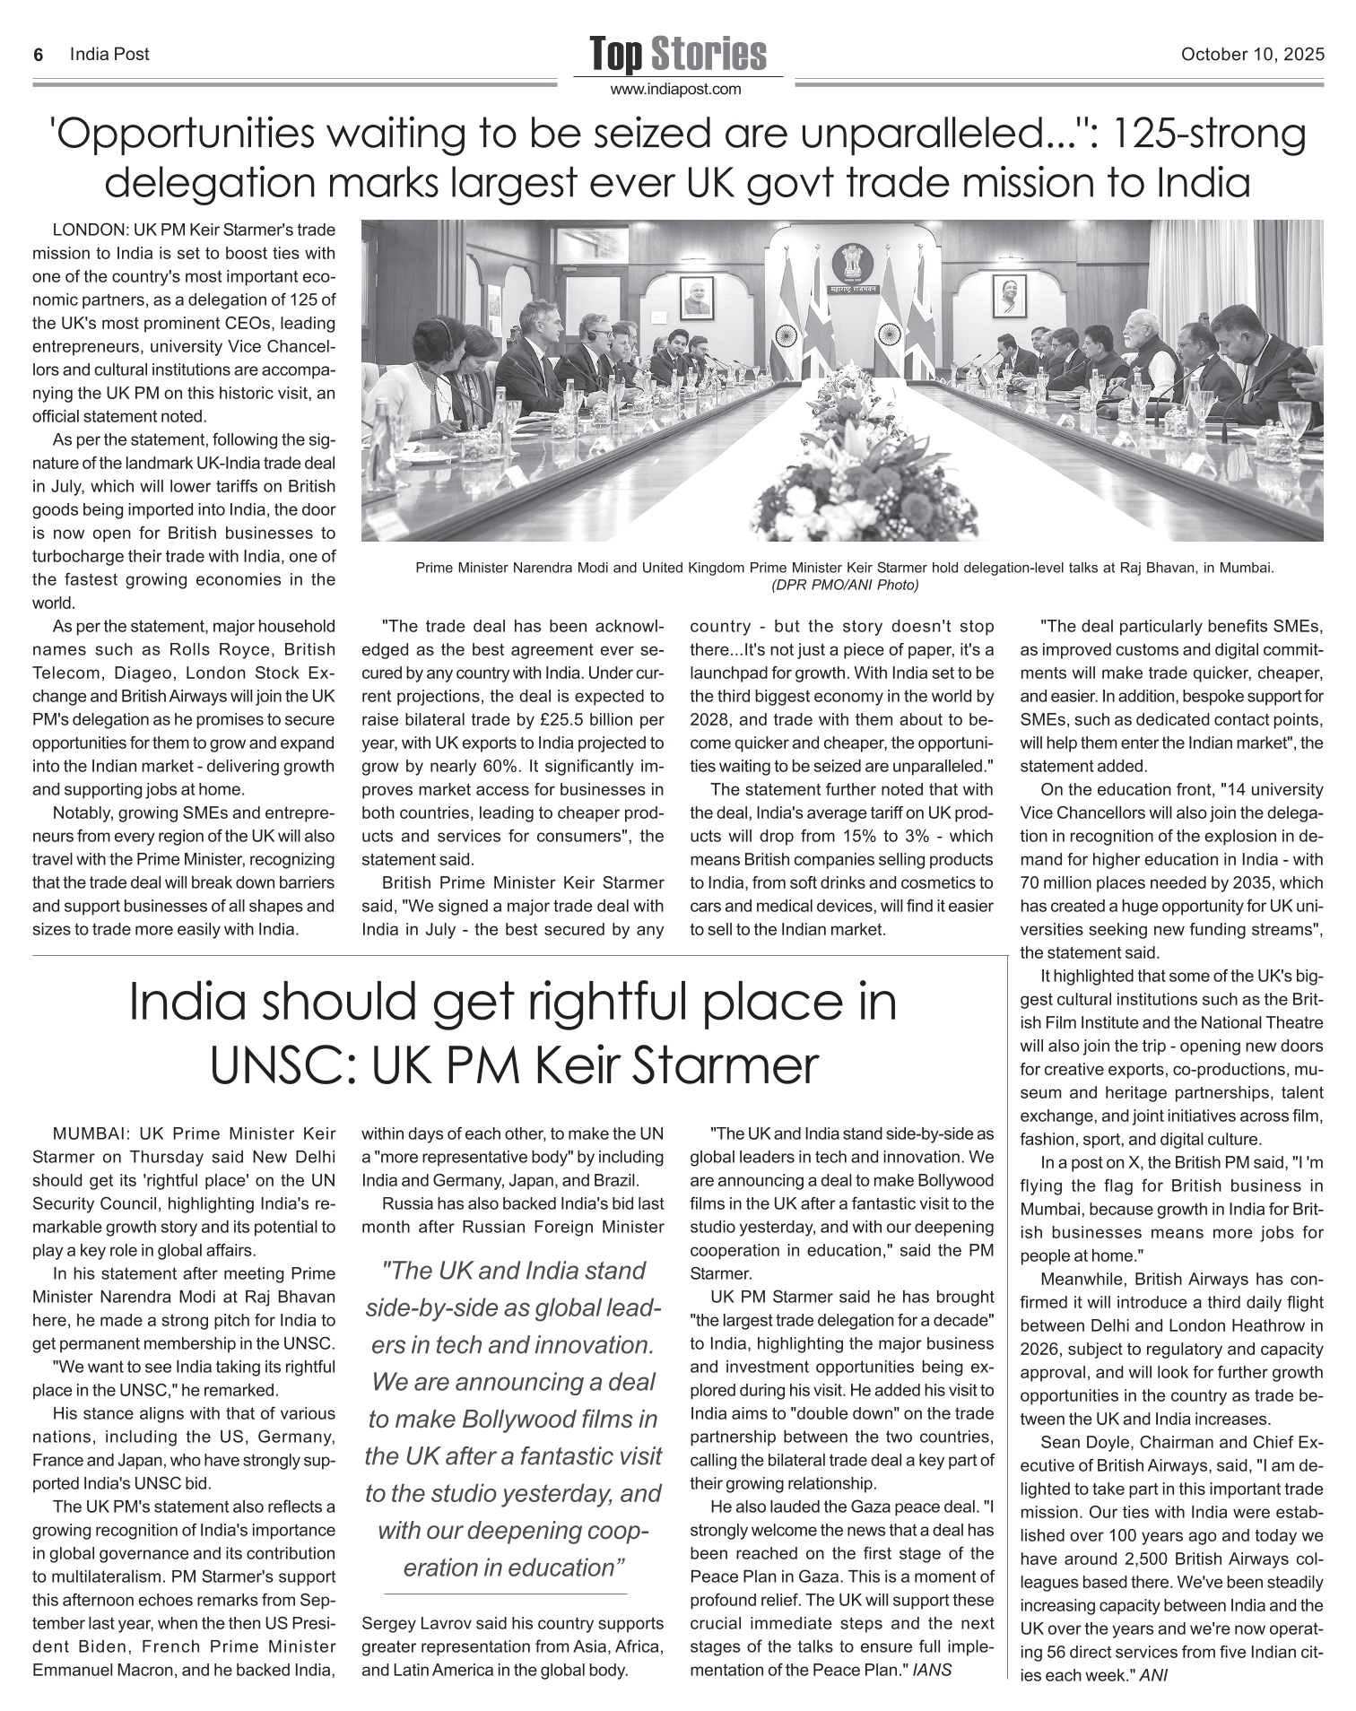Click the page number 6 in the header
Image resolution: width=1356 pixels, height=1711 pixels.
pyautogui.click(x=39, y=55)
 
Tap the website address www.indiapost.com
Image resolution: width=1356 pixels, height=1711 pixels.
pyautogui.click(x=676, y=89)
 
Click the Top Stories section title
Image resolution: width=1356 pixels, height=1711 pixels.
pyautogui.click(x=678, y=54)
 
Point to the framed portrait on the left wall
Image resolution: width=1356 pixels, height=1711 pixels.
pyautogui.click(x=697, y=297)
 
